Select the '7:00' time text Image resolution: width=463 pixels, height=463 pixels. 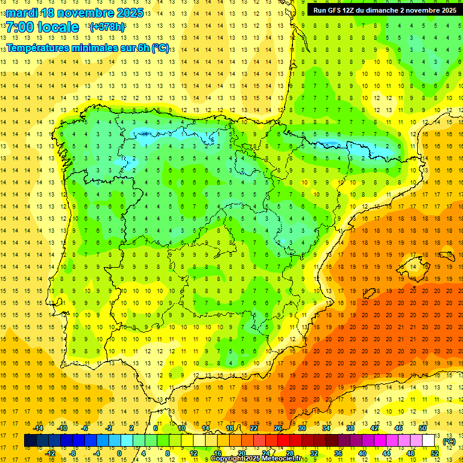click(20, 27)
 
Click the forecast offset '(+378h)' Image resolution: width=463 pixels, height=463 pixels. click(107, 27)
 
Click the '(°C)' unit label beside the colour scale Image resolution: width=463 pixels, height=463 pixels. click(449, 441)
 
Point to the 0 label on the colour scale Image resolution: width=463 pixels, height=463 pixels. click(119, 453)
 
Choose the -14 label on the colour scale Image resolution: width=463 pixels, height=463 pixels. click(38, 428)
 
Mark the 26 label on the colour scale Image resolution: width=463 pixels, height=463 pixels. click(278, 428)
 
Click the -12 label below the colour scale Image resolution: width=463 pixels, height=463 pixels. click(50, 453)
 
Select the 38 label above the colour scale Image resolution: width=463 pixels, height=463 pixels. click(350, 428)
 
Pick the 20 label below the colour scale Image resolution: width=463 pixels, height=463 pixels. click(241, 453)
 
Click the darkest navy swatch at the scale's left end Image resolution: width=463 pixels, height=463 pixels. click(30, 441)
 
